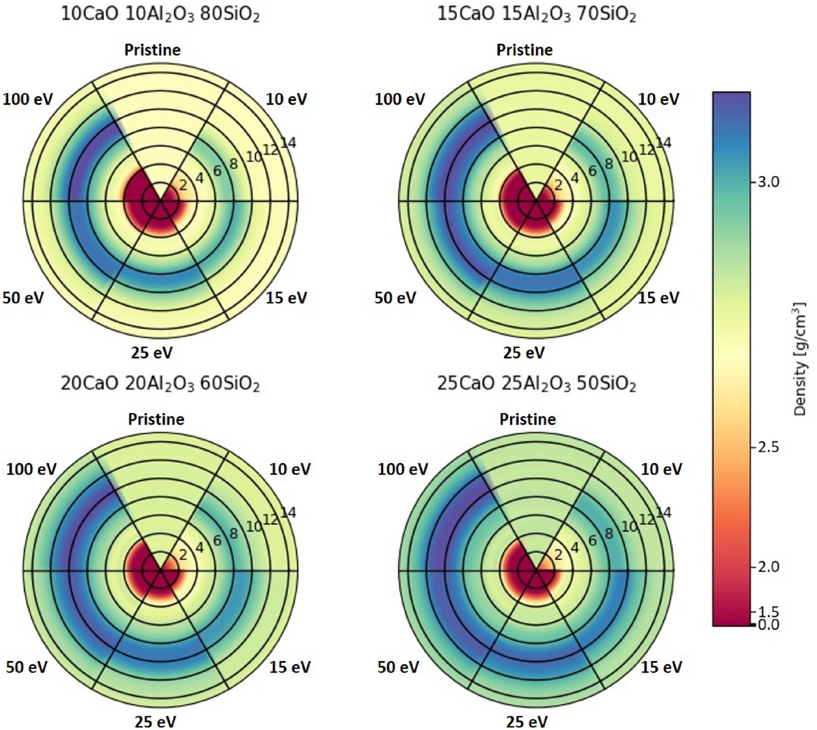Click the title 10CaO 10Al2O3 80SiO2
pyautogui.click(x=160, y=14)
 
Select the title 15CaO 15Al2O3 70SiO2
pyautogui.click(x=536, y=14)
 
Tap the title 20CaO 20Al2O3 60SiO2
pyautogui.click(x=160, y=383)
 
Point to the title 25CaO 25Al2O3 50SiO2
pyautogui.click(x=536, y=383)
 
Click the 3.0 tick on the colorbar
pyautogui.click(x=768, y=182)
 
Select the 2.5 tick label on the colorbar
pyautogui.click(x=768, y=447)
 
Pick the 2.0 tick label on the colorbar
pyautogui.click(x=768, y=566)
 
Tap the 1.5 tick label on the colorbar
pyautogui.click(x=768, y=612)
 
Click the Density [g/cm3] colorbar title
pyautogui.click(x=800, y=358)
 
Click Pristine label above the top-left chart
pyautogui.click(x=152, y=50)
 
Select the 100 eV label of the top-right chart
pyautogui.click(x=400, y=99)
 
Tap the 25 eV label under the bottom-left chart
pyautogui.click(x=156, y=722)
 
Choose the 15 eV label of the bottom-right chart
pyautogui.click(x=661, y=667)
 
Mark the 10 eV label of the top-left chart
pyautogui.click(x=286, y=99)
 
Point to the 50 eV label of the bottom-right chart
pyautogui.click(x=398, y=667)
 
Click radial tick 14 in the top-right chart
pyautogui.click(x=664, y=143)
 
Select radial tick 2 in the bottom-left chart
pyautogui.click(x=183, y=554)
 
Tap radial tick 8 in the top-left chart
pyautogui.click(x=234, y=163)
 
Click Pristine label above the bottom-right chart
pyautogui.click(x=527, y=419)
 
